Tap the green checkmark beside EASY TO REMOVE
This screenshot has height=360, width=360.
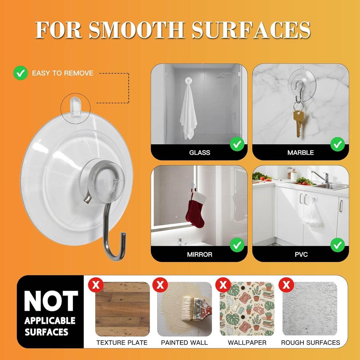click(x=20, y=73)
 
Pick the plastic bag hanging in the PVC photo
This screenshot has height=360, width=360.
click(x=312, y=214)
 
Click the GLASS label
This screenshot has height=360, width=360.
click(x=199, y=153)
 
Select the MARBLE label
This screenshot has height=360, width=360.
click(x=301, y=153)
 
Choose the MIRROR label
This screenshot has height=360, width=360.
click(x=199, y=254)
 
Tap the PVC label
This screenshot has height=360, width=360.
click(x=301, y=254)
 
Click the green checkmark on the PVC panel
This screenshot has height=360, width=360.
click(x=338, y=245)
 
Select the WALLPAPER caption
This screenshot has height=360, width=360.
click(x=247, y=342)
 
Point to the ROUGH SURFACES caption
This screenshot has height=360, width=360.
click(x=310, y=342)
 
